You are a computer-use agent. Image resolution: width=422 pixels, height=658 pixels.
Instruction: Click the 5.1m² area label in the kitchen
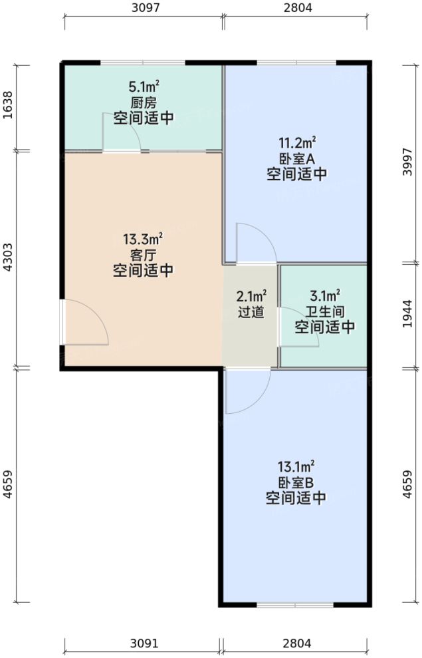(143, 86)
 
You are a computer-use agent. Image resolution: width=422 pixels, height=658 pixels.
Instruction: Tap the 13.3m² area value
(143, 238)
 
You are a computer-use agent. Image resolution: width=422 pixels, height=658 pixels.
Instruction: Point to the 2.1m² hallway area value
(251, 295)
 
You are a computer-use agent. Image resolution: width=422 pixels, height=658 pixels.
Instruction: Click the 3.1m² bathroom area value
(324, 295)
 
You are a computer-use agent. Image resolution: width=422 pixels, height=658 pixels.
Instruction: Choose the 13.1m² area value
(296, 465)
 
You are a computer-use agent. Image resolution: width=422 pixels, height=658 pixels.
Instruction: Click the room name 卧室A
(296, 158)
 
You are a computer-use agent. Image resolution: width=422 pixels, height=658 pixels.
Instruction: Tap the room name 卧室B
(296, 482)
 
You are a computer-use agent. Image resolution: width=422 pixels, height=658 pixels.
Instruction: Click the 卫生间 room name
(324, 311)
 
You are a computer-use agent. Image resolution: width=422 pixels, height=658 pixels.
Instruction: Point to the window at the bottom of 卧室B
(296, 604)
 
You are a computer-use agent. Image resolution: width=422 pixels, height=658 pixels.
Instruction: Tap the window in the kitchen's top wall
(143, 63)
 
